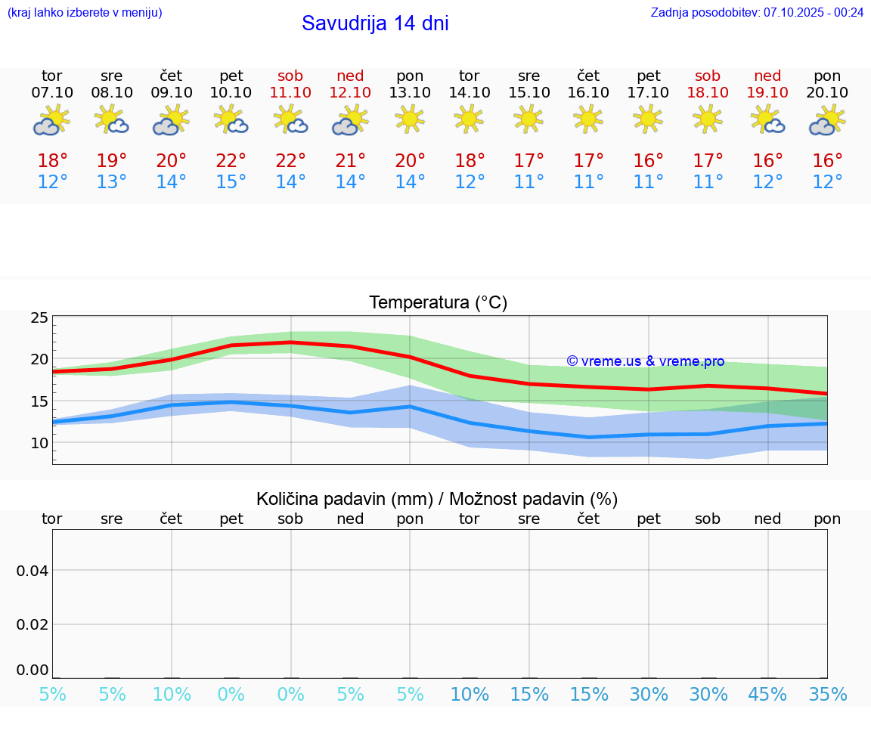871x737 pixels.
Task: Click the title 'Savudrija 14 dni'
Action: pyautogui.click(x=375, y=23)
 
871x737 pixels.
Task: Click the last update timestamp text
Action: pyautogui.click(x=757, y=12)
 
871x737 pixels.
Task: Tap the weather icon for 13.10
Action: pyautogui.click(x=410, y=119)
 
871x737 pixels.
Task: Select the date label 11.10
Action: pyautogui.click(x=290, y=92)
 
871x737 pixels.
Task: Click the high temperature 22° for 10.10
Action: pyautogui.click(x=231, y=161)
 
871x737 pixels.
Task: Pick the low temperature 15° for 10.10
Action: pyautogui.click(x=231, y=182)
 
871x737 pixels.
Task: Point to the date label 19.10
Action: pyautogui.click(x=767, y=92)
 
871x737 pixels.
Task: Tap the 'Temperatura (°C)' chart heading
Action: pyautogui.click(x=438, y=302)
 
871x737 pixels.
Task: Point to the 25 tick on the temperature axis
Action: pyautogui.click(x=39, y=317)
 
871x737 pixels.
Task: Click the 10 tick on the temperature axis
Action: pyautogui.click(x=39, y=443)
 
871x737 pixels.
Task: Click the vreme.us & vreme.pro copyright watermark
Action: pyautogui.click(x=645, y=361)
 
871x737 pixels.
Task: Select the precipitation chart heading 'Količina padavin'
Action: pyautogui.click(x=437, y=499)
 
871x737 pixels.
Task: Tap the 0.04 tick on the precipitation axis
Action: pyautogui.click(x=33, y=570)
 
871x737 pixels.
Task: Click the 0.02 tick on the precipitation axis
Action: pyautogui.click(x=33, y=624)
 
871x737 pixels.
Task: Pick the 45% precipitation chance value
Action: pyautogui.click(x=767, y=695)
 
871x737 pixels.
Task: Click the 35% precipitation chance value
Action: pyautogui.click(x=827, y=695)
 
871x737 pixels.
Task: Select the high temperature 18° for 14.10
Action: pyautogui.click(x=469, y=161)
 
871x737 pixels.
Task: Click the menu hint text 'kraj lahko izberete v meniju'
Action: pyautogui.click(x=85, y=12)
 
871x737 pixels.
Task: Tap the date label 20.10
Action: pyautogui.click(x=827, y=92)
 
